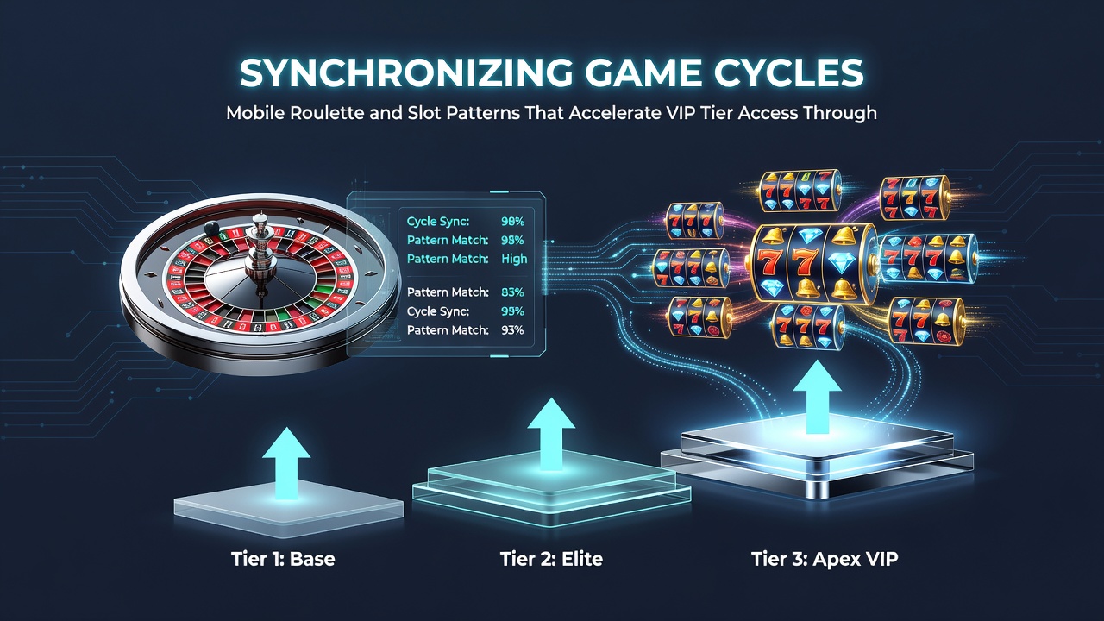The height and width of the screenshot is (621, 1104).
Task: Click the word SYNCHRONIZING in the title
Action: [x=405, y=73]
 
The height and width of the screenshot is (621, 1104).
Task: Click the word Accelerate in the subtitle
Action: [x=615, y=113]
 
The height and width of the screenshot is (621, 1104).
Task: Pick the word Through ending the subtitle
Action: [x=840, y=113]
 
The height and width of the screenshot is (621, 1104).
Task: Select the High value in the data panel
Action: [x=514, y=259]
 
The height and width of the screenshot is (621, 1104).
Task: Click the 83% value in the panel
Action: [x=512, y=292]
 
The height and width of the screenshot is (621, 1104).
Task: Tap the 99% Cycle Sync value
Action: [x=512, y=311]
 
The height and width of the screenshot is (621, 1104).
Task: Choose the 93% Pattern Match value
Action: [x=512, y=330]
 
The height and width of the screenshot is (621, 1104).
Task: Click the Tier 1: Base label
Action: [x=283, y=559]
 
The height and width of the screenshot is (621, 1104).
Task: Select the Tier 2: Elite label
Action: [x=551, y=559]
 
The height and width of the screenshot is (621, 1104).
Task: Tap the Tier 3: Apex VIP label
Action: [x=825, y=559]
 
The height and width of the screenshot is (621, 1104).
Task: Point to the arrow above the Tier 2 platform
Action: [x=551, y=434]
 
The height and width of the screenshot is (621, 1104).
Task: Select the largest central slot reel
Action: [x=813, y=264]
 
